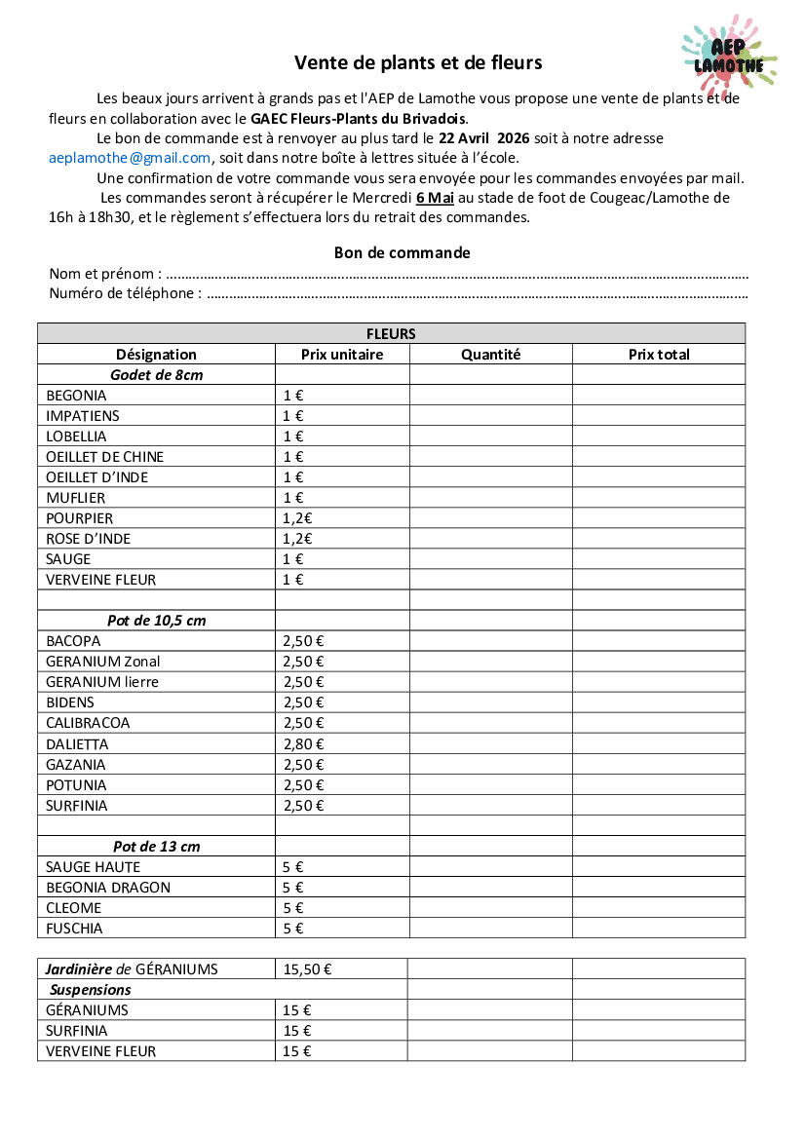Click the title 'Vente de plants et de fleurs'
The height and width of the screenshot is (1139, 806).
tap(418, 63)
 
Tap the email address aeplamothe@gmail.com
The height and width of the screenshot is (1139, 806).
tap(130, 158)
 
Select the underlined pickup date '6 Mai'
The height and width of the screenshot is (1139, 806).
tap(435, 198)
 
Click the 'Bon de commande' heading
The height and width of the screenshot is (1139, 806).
tap(402, 253)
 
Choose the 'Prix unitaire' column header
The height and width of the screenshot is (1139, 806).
tap(342, 355)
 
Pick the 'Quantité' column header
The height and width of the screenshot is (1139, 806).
tap(490, 355)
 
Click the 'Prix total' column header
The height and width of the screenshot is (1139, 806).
tap(659, 355)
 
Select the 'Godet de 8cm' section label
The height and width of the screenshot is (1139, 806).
tap(156, 375)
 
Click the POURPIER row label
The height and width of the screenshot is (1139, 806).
tap(79, 518)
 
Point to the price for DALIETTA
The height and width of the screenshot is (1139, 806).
tap(303, 744)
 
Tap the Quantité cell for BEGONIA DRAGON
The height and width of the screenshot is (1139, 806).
tap(490, 888)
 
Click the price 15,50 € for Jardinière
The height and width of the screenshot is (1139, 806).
tap(307, 969)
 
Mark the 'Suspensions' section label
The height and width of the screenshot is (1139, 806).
tap(91, 990)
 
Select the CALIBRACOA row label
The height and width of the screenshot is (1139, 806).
tap(88, 723)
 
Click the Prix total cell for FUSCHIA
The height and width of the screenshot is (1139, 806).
tap(659, 929)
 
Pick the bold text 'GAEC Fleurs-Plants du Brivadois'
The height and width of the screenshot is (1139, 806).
tap(359, 119)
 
